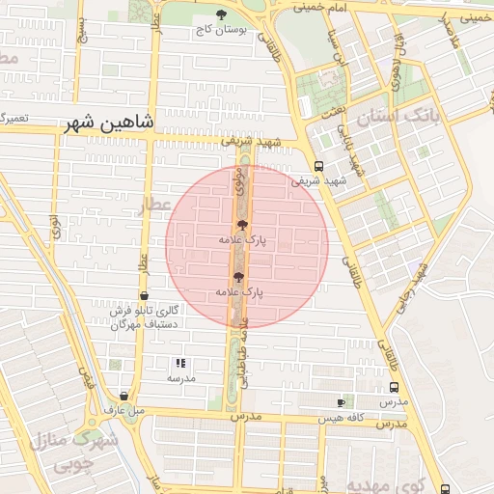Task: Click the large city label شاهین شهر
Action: [x=106, y=124]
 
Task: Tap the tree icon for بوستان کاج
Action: [x=222, y=14]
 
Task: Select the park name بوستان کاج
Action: [x=221, y=30]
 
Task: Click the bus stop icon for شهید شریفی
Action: [x=318, y=165]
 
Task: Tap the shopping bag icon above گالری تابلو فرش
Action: [x=144, y=295]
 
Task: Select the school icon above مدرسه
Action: [x=179, y=364]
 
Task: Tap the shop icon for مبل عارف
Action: [x=124, y=396]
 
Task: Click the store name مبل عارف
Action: [x=124, y=411]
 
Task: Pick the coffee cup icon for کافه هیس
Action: [x=340, y=402]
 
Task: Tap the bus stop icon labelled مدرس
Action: [x=393, y=388]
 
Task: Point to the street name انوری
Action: [x=57, y=228]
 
